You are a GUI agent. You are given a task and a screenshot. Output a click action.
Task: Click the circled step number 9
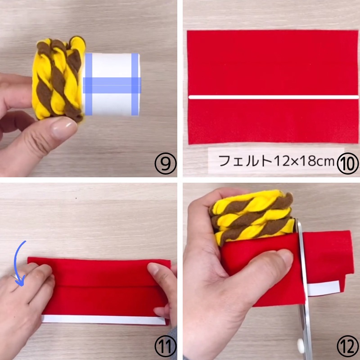pyautogui.click(x=165, y=163)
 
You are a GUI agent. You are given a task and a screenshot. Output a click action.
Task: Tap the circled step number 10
pyautogui.click(x=347, y=163)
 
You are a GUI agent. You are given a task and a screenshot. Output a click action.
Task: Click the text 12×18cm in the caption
pyautogui.click(x=304, y=161)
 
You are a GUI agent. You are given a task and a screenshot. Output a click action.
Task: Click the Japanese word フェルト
pyautogui.click(x=245, y=161)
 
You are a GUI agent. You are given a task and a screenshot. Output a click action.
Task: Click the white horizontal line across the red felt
pyautogui.click(x=274, y=97)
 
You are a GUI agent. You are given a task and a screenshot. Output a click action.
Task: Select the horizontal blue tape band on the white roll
pyautogui.click(x=112, y=85)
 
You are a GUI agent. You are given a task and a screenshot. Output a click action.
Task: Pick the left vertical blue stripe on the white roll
pyautogui.click(x=89, y=84)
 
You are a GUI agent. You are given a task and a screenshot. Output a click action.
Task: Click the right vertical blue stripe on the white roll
pyautogui.click(x=135, y=84)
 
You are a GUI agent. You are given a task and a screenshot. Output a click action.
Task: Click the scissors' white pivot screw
pyautogui.click(x=300, y=344)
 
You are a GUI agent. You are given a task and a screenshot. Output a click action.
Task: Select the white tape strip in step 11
pyautogui.click(x=103, y=320)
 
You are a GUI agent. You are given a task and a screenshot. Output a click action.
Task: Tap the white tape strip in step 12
pyautogui.click(x=324, y=288)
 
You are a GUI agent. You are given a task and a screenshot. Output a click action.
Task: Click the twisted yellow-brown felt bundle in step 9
pyautogui.click(x=58, y=80)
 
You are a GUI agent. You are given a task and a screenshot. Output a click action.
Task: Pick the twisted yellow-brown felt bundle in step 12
pyautogui.click(x=252, y=217)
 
